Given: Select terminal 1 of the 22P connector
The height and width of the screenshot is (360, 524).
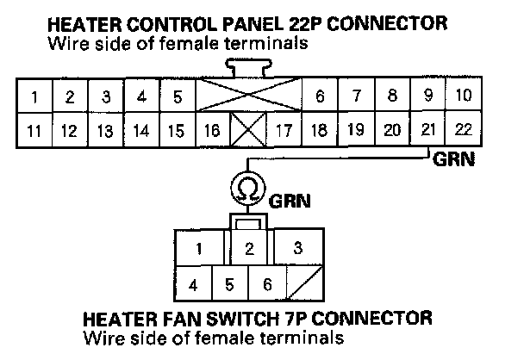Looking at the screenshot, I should point(33,96).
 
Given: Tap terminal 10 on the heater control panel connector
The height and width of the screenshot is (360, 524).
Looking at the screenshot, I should point(462,95).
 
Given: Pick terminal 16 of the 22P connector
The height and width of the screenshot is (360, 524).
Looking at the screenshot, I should point(211,131).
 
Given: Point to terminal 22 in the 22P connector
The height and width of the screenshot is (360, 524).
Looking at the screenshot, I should point(462,130).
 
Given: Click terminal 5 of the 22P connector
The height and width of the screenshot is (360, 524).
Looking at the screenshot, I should point(177,96).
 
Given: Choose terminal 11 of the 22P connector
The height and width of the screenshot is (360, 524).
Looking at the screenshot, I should point(33,131).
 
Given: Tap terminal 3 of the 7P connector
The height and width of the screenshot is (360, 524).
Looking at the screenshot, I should point(297,249).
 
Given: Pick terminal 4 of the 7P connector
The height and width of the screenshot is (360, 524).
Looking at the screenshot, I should point(194,283).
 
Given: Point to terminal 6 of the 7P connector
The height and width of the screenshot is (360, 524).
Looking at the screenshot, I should point(266,283).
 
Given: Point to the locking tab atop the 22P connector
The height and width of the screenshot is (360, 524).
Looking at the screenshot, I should point(247,67).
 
